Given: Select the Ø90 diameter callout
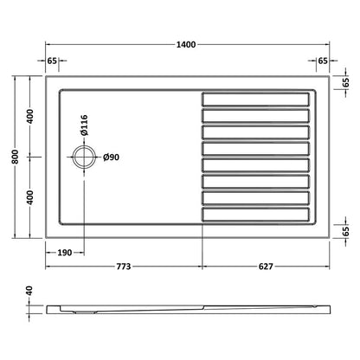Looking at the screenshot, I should (x=111, y=158).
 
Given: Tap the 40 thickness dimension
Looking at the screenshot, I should (x=29, y=293).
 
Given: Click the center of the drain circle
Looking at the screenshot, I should (x=86, y=158).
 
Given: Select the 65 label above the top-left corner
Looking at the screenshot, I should (x=53, y=61).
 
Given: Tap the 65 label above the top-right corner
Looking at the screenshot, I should (x=322, y=61).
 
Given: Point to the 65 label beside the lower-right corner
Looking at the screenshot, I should (x=346, y=231).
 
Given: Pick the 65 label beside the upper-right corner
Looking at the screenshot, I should (x=346, y=85).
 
